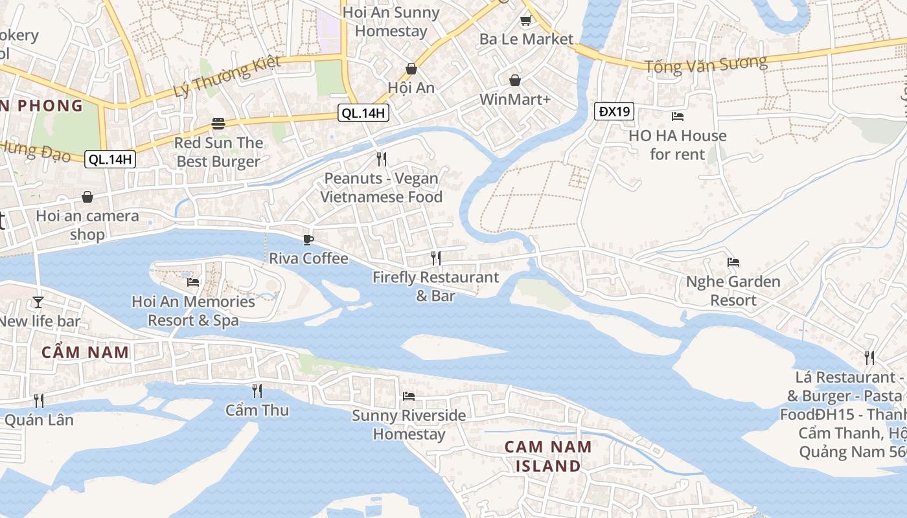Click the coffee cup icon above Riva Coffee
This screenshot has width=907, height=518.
click(308, 240)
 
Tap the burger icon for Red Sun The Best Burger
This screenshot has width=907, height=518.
click(218, 124)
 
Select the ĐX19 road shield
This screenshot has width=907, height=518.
click(614, 111)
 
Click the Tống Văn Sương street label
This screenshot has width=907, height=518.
click(706, 63)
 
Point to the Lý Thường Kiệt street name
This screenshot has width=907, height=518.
click(227, 76)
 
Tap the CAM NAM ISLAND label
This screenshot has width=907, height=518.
click(548, 456)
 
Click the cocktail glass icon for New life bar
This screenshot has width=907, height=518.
click(38, 302)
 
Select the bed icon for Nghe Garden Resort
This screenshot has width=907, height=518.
click(733, 262)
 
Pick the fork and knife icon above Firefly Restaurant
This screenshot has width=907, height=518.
click(436, 258)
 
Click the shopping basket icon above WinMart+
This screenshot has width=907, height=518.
click(515, 80)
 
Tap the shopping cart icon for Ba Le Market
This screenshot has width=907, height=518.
click(526, 21)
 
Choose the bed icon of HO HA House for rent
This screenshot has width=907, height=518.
click(678, 117)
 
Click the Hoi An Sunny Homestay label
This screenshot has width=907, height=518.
click(391, 21)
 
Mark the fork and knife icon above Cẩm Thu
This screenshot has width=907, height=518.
click(257, 390)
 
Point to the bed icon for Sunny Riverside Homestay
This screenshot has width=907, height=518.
click(409, 396)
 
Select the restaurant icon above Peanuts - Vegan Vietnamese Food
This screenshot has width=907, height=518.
click(382, 159)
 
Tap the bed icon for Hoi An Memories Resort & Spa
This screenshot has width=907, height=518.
click(193, 282)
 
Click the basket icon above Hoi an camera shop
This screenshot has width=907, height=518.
click(87, 197)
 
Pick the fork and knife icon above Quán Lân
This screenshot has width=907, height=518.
click(39, 400)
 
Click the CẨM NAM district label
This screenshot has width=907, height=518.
click(85, 352)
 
